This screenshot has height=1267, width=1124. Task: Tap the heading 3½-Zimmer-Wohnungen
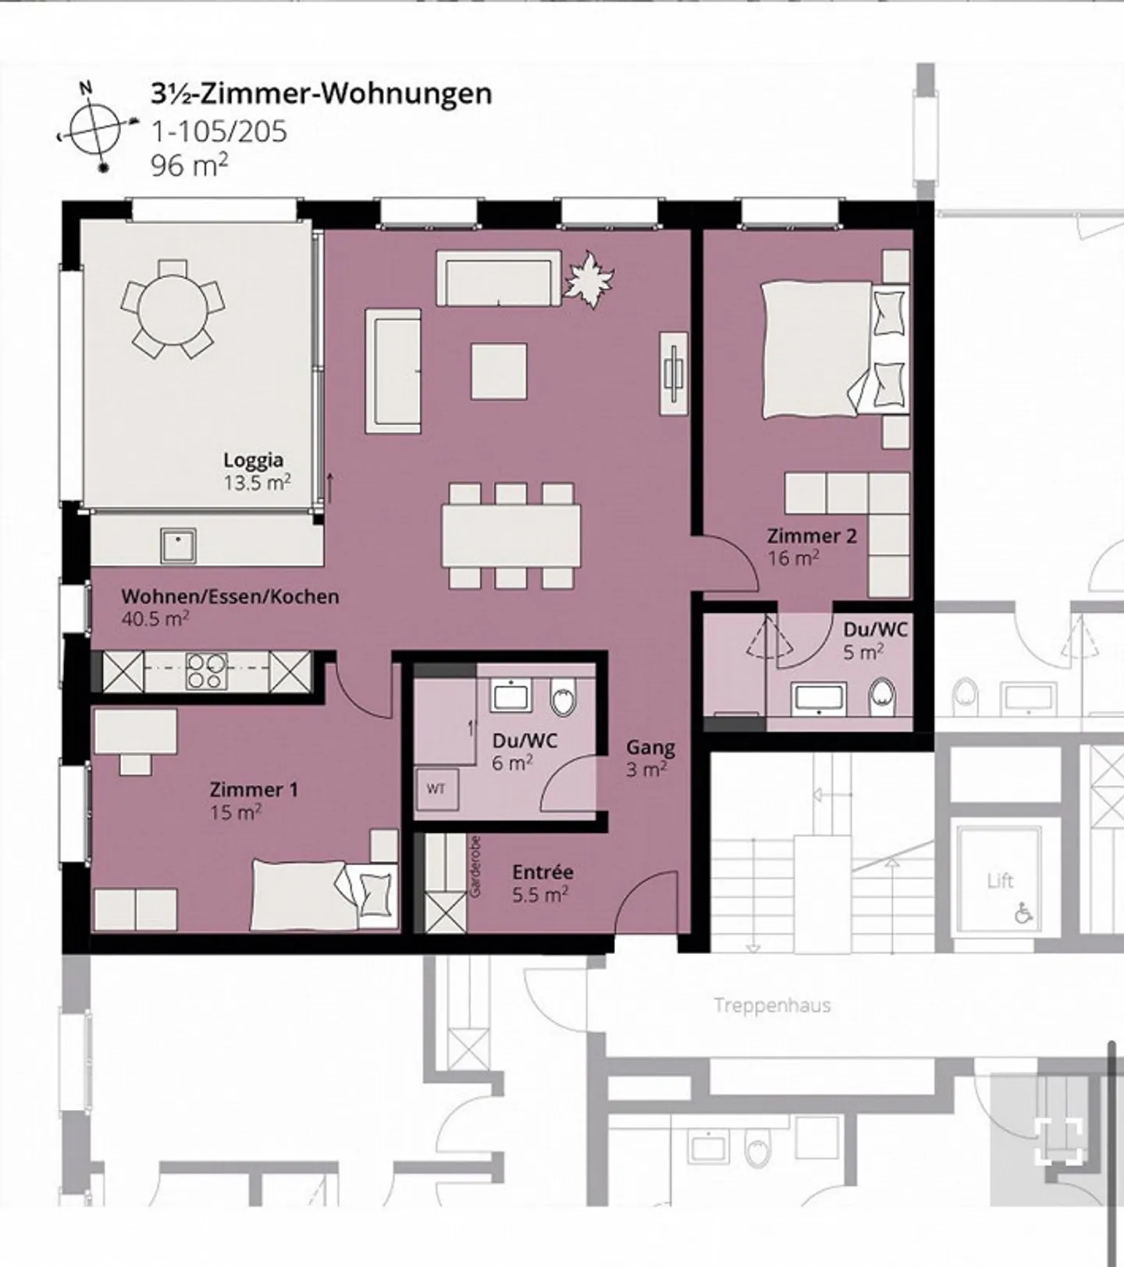point(322,93)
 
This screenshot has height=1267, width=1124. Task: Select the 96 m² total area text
point(190,165)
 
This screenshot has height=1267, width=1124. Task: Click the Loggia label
point(253,460)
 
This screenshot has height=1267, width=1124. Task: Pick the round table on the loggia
point(173,309)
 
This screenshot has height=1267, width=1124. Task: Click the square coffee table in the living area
point(498,371)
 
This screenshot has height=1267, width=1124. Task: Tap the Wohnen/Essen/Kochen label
point(230,596)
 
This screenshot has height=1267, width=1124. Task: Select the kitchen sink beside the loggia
point(179,545)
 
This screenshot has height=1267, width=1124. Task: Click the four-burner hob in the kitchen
point(207,671)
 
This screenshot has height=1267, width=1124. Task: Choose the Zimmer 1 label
point(254,789)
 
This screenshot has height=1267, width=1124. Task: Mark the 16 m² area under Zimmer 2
point(793,557)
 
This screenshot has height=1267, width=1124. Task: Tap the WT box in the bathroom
point(436,789)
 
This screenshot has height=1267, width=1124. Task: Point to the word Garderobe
point(476,867)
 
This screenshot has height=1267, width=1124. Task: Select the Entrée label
point(542,872)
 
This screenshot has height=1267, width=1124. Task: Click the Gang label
point(650,747)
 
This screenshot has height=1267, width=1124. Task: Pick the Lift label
point(1000,881)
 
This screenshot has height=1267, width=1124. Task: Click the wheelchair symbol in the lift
point(1023,912)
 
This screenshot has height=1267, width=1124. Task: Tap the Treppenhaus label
point(772,1005)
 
